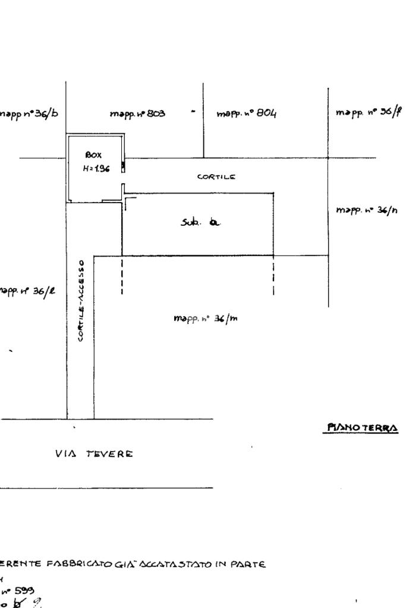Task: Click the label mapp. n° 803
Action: (x=137, y=113)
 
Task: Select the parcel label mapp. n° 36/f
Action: (x=367, y=112)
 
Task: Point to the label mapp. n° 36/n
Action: (x=367, y=211)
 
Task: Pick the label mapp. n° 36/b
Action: (x=29, y=113)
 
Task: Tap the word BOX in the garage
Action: (x=93, y=155)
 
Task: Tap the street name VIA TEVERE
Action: (x=94, y=453)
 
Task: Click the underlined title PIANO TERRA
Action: (x=361, y=427)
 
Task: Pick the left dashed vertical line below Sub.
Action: (x=122, y=276)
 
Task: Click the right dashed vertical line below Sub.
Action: (x=273, y=276)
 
